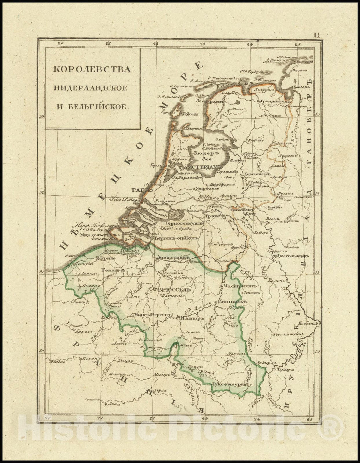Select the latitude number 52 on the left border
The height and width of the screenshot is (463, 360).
41,193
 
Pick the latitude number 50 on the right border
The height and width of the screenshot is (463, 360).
317,351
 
